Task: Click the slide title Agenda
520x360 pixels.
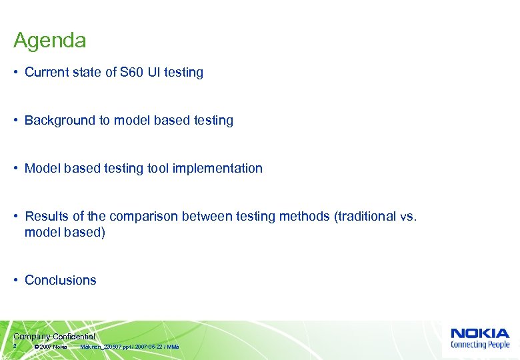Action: click(x=49, y=41)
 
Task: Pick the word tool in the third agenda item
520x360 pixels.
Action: click(x=158, y=169)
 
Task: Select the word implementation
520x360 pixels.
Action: click(x=217, y=169)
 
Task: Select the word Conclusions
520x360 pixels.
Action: click(x=60, y=281)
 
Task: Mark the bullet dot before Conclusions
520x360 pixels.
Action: click(x=16, y=281)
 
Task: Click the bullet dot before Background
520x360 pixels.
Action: click(x=16, y=121)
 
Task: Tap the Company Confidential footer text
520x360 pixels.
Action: click(x=53, y=337)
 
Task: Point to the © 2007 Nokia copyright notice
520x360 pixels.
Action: click(x=50, y=347)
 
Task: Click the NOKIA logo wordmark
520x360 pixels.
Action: click(x=480, y=333)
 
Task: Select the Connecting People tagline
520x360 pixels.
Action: click(x=480, y=345)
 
